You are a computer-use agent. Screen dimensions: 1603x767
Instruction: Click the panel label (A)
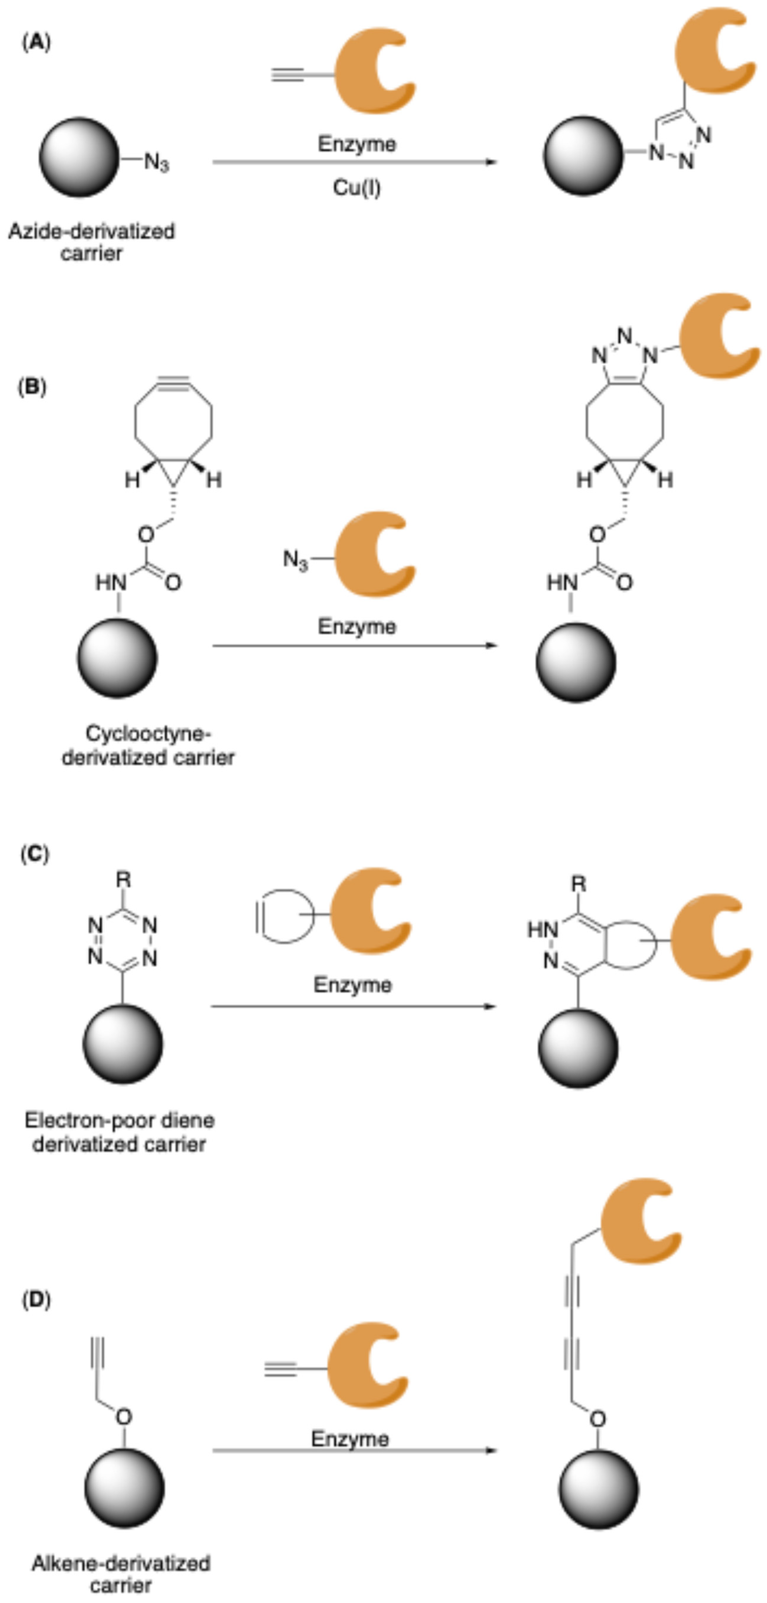point(36,42)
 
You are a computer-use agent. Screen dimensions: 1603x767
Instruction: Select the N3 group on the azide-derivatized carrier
point(156,162)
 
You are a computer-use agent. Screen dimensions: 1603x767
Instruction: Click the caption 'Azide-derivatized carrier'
point(92,242)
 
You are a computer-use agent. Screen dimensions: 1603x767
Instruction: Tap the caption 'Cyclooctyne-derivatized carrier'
point(148,745)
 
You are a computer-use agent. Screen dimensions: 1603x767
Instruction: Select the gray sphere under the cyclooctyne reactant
point(117,658)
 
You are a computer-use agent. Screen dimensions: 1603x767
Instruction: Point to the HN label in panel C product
point(543,930)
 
